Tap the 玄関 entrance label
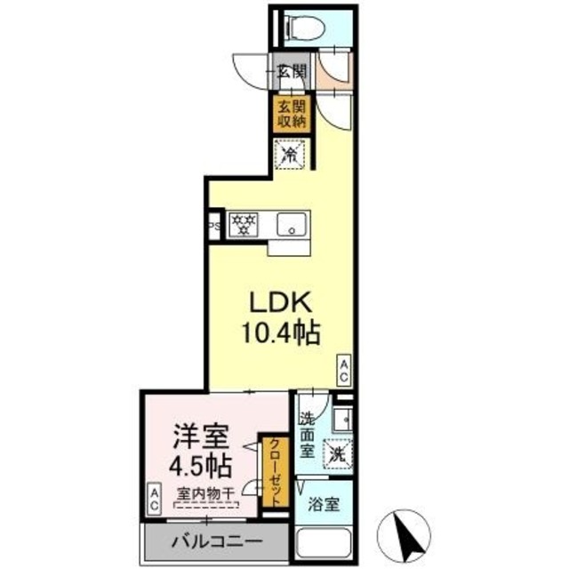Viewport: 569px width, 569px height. click(290, 72)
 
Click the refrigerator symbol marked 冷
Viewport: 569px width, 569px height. click(291, 155)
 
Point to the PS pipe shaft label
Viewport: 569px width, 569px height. click(214, 226)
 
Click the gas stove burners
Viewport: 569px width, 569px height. click(242, 224)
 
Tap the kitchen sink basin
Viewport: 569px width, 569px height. click(292, 224)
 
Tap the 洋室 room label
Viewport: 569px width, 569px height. click(201, 437)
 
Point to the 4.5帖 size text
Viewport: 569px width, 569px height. click(201, 466)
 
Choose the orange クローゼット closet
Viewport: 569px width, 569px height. click(274, 471)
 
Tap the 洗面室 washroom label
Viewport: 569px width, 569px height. click(307, 435)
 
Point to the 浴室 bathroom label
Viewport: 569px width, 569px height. click(324, 504)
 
